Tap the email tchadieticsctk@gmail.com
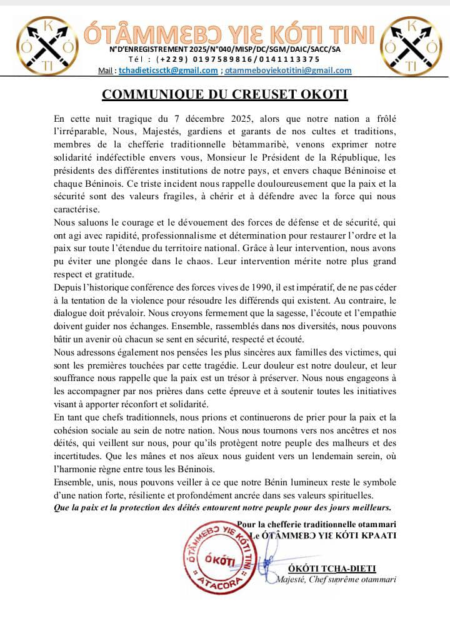click(168, 71)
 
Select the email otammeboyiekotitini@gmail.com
click(288, 71)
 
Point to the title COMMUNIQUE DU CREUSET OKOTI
click(225, 94)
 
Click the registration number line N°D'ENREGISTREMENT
click(225, 49)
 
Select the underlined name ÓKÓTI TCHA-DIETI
click(341, 568)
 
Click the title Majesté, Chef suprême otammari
click(337, 579)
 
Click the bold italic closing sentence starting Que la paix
click(222, 508)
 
